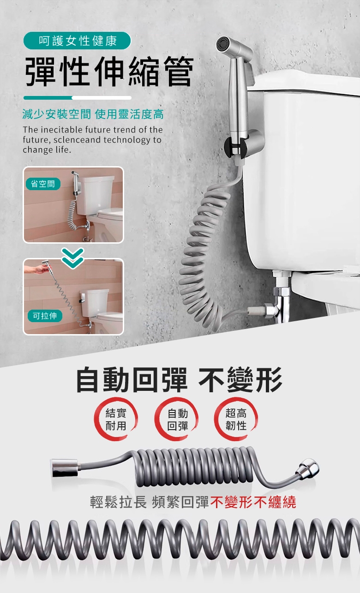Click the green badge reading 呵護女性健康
coord(77,41)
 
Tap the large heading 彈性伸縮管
coord(109,72)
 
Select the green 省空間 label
coord(43,184)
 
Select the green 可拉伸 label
coord(45,316)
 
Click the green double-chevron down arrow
coord(73,258)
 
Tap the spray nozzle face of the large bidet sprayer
coord(222,44)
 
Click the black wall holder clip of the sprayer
coord(233,147)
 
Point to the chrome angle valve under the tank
coord(278,302)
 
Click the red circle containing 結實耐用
coord(116,419)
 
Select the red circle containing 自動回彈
coord(177,419)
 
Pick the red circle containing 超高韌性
coord(236,419)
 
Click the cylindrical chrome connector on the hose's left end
coord(64,468)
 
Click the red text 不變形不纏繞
coord(253,502)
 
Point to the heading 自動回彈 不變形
coord(179,380)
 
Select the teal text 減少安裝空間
coord(56,114)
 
